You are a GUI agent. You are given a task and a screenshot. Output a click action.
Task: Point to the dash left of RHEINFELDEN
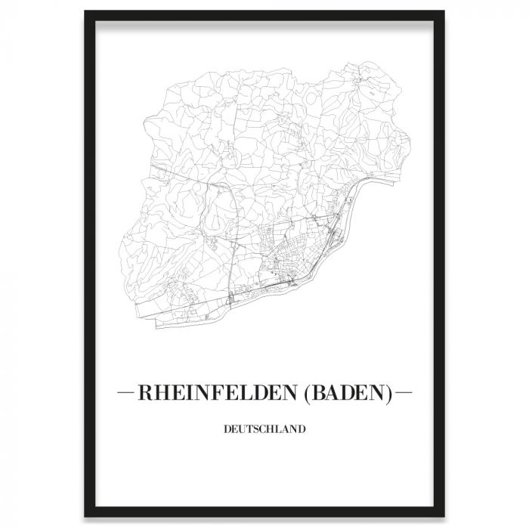point(125,394)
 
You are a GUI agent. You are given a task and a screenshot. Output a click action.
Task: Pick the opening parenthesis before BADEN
point(308,394)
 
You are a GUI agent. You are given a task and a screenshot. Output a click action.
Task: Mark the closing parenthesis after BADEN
point(389,394)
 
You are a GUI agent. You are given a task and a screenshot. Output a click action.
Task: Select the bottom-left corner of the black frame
point(86,516)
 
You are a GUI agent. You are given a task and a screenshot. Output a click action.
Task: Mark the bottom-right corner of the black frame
point(443,516)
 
